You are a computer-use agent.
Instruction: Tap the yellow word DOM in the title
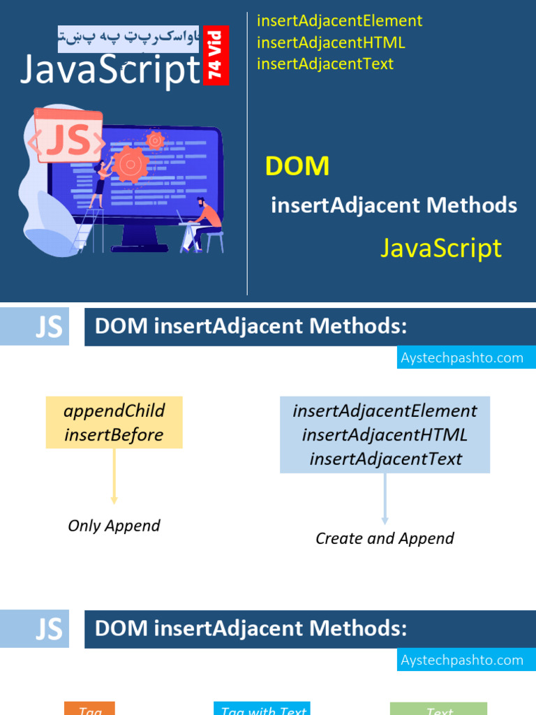tap(297, 166)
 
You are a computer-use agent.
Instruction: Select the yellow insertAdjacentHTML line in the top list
tap(331, 43)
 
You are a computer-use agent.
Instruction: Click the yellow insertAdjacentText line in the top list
tap(325, 64)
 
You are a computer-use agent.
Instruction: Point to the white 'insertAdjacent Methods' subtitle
tap(394, 205)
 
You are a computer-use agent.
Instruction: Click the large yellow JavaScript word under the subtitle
tap(441, 248)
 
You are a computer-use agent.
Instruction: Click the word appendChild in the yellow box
tap(114, 411)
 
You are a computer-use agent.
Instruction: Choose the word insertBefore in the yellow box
tap(114, 435)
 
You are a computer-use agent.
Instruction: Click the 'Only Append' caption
tap(114, 526)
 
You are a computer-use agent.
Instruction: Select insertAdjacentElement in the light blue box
tap(385, 411)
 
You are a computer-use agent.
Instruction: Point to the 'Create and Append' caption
tap(385, 538)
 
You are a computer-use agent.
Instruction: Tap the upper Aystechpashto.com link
tap(462, 358)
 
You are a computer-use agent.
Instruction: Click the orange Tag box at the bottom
tap(90, 709)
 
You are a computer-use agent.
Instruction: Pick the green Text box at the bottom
tap(439, 709)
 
